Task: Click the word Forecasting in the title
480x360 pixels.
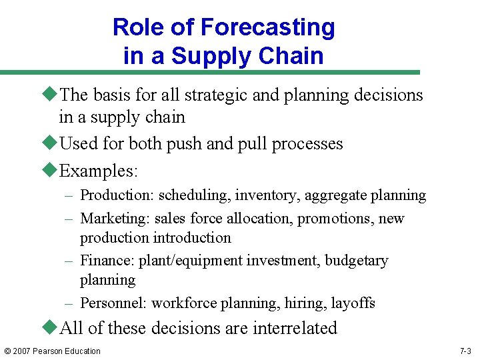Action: (x=267, y=28)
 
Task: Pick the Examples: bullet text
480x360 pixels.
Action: (x=99, y=171)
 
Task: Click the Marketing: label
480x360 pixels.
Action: (x=115, y=219)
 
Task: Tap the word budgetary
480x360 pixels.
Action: (x=357, y=261)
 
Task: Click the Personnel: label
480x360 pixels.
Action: (x=114, y=303)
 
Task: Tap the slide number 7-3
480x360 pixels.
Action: (x=466, y=351)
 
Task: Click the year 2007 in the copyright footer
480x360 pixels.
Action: (x=24, y=351)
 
